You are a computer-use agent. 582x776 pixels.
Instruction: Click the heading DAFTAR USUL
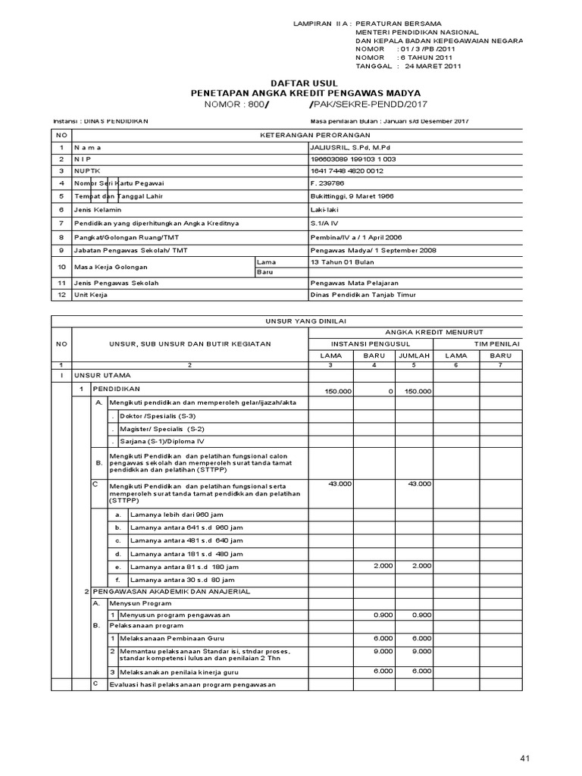pyautogui.click(x=305, y=82)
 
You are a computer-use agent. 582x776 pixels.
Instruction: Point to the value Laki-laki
pyautogui.click(x=327, y=208)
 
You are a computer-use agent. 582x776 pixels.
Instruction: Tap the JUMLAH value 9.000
pyautogui.click(x=421, y=651)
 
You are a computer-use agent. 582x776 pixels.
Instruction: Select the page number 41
pyautogui.click(x=527, y=759)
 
